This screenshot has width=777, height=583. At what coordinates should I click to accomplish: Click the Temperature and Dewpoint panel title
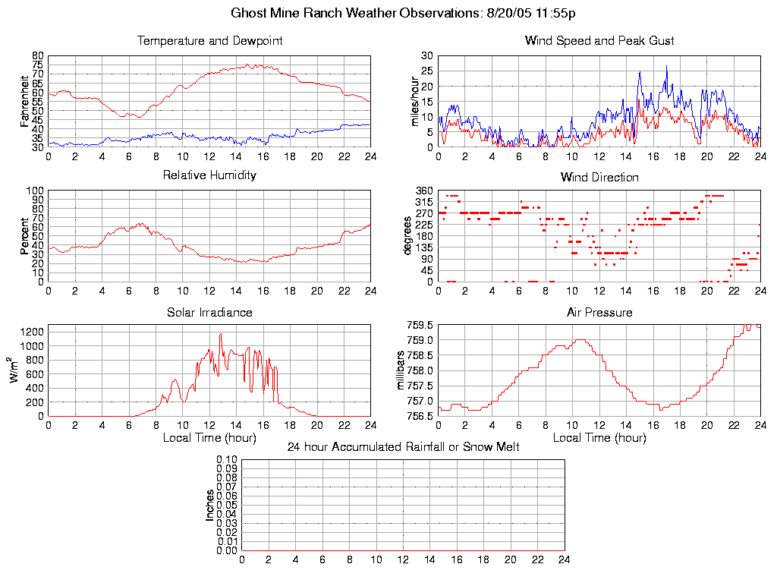pos(209,41)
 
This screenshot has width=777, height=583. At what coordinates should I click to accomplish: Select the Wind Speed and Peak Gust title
pos(599,41)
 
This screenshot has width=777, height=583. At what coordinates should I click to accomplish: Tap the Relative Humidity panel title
pos(209,175)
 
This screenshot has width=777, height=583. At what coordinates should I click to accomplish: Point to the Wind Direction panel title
pos(599,178)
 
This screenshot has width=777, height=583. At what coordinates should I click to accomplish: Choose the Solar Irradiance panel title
pos(209,313)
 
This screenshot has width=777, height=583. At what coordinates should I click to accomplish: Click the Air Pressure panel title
pos(599,313)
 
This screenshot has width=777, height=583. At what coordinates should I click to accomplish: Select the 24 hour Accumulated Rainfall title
pos(403,447)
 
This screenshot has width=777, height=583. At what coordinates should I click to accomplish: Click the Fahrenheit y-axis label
pos(25,101)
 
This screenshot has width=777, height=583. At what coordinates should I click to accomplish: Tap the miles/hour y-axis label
pos(415,101)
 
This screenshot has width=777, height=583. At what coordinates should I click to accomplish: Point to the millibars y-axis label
pos(403,370)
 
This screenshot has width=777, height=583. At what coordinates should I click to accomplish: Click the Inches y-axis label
pos(209,505)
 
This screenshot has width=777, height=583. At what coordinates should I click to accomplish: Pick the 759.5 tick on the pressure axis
pos(420,325)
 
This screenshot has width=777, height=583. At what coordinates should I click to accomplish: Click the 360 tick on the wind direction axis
pos(425,191)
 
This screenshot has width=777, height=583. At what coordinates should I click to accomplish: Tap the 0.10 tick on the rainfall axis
pos(226,459)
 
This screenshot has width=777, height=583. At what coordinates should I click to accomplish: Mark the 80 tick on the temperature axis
pos(38,56)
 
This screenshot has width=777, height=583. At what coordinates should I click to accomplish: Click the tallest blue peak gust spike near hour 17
pos(666,66)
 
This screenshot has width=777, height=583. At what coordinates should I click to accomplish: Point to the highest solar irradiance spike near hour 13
pos(221,334)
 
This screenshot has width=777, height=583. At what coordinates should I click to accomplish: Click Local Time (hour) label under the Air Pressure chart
pos(599,438)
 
